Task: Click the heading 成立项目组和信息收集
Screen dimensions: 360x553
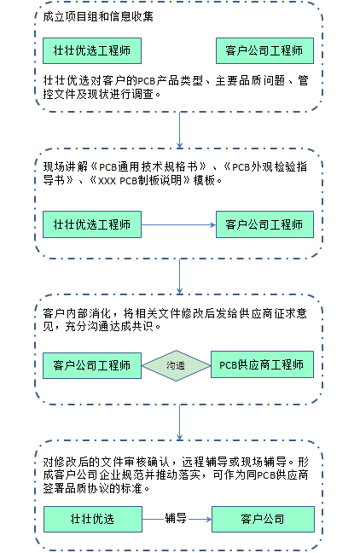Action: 98,16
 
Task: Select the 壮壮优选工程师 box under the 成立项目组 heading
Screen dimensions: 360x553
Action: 92,51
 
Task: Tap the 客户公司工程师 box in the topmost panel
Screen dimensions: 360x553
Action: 264,51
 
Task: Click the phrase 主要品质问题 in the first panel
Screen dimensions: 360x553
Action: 250,81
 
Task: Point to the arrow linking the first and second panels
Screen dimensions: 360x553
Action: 179,130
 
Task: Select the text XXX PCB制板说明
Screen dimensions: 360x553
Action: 140,180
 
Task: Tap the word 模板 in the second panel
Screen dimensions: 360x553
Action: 204,180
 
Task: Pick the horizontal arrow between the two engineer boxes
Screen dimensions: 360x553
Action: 178,224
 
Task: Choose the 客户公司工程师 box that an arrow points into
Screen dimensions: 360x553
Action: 264,224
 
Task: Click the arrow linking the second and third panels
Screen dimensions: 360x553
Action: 179,276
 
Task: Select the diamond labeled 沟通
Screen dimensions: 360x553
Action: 176,366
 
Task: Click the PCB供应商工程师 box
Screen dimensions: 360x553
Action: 262,364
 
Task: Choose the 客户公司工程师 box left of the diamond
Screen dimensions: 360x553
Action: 92,366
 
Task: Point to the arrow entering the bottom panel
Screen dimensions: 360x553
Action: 179,422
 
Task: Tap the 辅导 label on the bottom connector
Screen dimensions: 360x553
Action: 176,519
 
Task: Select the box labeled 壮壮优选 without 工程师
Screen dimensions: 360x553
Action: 93,519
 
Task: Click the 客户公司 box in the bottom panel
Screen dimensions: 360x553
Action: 263,519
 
